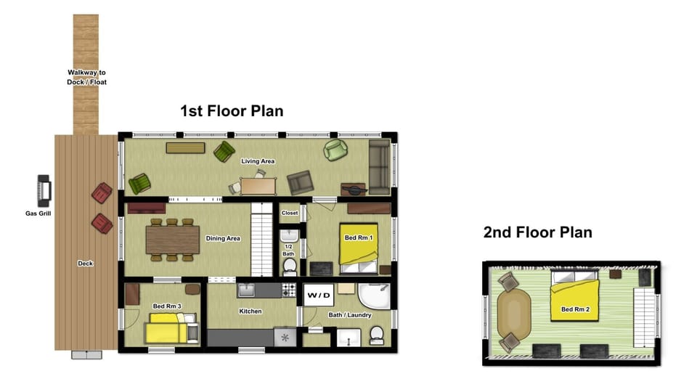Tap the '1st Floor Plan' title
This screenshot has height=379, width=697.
[x=232, y=111]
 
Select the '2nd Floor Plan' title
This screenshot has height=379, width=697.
[x=537, y=232]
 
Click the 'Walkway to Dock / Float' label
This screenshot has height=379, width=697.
[x=87, y=77]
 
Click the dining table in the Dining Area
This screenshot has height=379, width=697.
[x=172, y=239]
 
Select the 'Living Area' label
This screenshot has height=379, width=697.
[x=258, y=161]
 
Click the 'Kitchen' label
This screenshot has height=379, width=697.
[x=250, y=311]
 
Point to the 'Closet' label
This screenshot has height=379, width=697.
[x=290, y=213]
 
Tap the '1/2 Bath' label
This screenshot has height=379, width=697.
[x=288, y=250]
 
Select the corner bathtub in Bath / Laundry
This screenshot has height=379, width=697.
[x=377, y=298]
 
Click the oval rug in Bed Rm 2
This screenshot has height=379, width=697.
[x=515, y=311]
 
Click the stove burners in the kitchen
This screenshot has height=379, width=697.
[x=289, y=290]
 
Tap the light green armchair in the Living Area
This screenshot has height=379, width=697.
[x=336, y=150]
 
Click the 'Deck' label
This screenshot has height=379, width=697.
[x=86, y=263]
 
